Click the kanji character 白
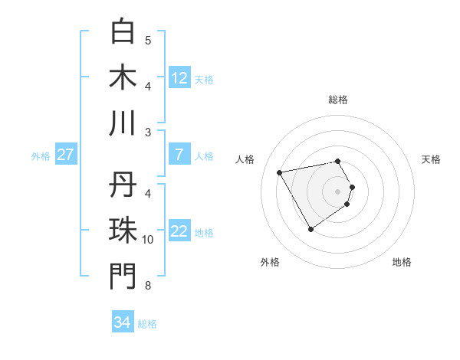pyautogui.click(x=123, y=31)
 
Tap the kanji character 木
pyautogui.click(x=123, y=77)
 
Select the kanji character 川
pyautogui.click(x=123, y=123)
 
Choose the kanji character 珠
pyautogui.click(x=123, y=231)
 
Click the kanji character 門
pyautogui.click(x=123, y=277)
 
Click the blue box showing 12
pyautogui.click(x=179, y=78)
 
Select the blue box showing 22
pyautogui.click(x=179, y=232)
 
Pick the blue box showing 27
pyautogui.click(x=66, y=155)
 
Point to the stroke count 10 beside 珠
pyautogui.click(x=148, y=240)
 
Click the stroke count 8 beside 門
pyautogui.click(x=147, y=286)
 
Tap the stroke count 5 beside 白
pyautogui.click(x=147, y=40)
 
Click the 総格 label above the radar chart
pyautogui.click(x=338, y=100)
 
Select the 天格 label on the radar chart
pyautogui.click(x=431, y=159)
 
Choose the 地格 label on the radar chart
pyautogui.click(x=402, y=262)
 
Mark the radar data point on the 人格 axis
pyautogui.click(x=280, y=172)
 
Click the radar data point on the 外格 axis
pyautogui.click(x=310, y=229)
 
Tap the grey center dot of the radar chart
pyautogui.click(x=338, y=191)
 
